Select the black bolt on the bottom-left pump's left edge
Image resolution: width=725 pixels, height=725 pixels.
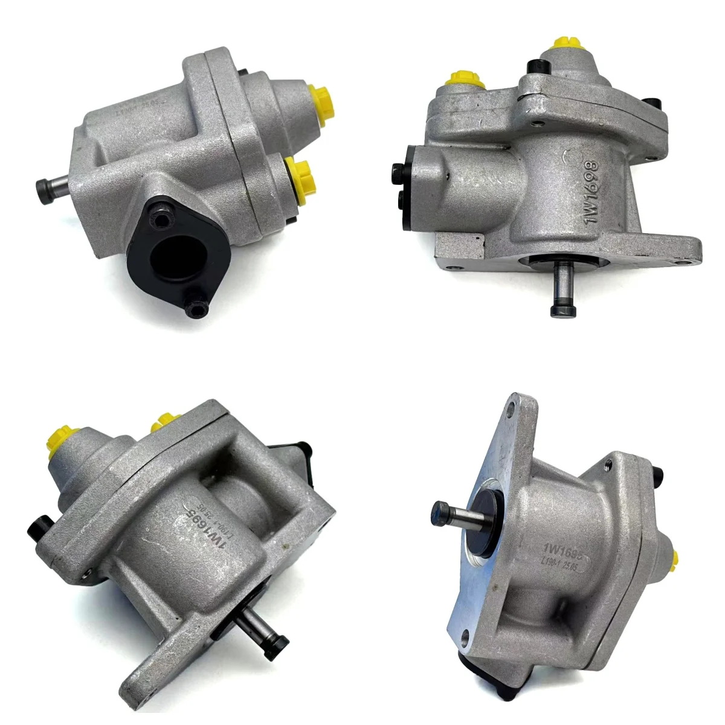[x=37, y=528]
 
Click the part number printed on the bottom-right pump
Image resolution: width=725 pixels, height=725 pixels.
[x=559, y=548]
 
